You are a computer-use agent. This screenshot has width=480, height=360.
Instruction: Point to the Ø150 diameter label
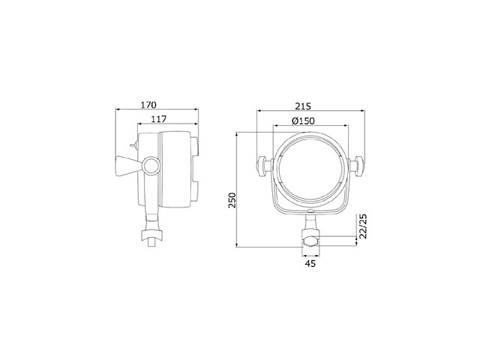[x=302, y=121]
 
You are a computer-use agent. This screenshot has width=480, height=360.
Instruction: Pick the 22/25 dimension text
[x=363, y=226]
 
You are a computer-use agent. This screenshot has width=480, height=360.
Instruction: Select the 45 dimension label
[x=310, y=263]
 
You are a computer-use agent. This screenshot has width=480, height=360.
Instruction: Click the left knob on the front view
[x=262, y=165]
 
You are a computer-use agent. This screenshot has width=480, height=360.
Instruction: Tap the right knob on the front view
[x=358, y=165]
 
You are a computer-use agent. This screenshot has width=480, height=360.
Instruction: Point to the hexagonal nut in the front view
[x=310, y=241]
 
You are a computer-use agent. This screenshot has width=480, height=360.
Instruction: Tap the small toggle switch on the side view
[x=133, y=147]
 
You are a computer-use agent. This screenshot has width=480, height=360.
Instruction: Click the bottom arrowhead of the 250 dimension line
[x=238, y=247]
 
